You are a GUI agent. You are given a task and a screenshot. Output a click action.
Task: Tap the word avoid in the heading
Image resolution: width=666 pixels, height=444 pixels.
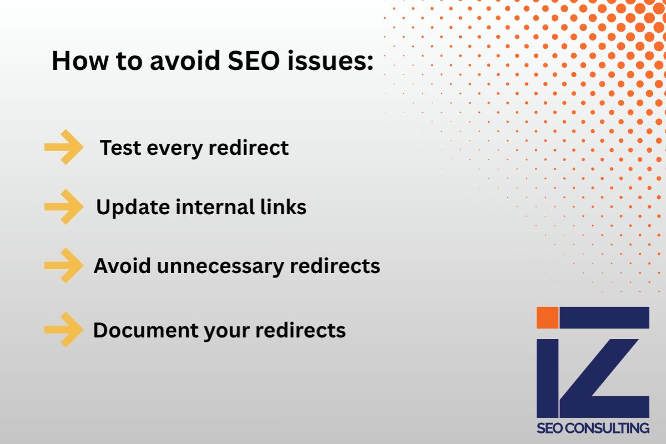[x=180, y=61]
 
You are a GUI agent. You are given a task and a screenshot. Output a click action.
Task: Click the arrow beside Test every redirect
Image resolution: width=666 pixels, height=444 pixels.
[x=63, y=147]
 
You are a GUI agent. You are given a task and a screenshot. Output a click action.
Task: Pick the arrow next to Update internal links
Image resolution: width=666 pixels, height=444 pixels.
[x=63, y=206]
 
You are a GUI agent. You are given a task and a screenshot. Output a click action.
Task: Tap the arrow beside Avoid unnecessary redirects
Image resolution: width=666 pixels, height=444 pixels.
[x=63, y=266]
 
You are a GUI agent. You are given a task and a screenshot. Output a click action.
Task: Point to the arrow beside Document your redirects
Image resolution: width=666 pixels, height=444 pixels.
[x=63, y=330]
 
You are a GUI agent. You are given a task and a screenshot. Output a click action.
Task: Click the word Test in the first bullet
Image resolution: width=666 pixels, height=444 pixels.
[x=118, y=148]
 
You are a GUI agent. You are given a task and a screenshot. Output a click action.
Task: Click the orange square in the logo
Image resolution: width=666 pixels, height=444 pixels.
[x=547, y=317]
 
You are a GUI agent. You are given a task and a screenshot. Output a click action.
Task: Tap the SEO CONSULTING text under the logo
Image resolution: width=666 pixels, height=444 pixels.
[x=593, y=428]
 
